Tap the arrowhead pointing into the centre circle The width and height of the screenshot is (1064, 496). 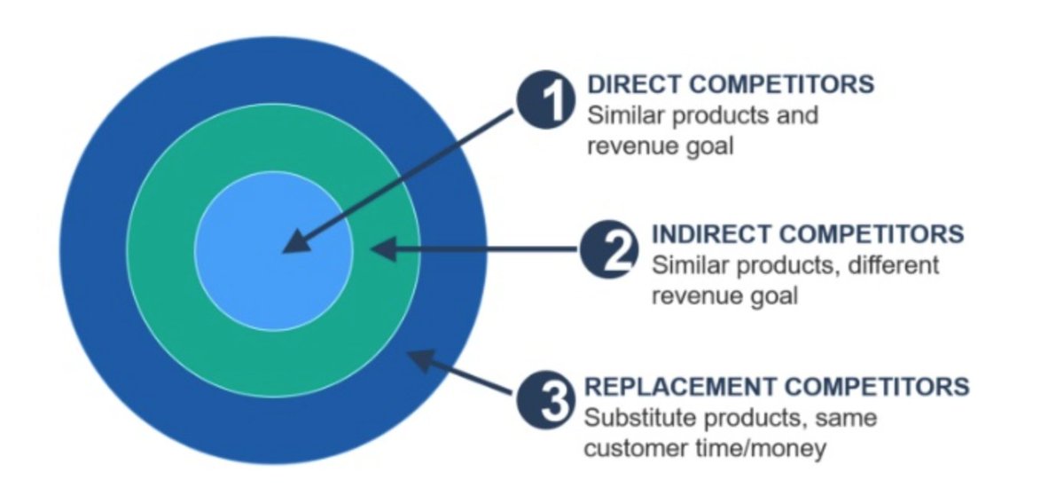pyautogui.click(x=296, y=243)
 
